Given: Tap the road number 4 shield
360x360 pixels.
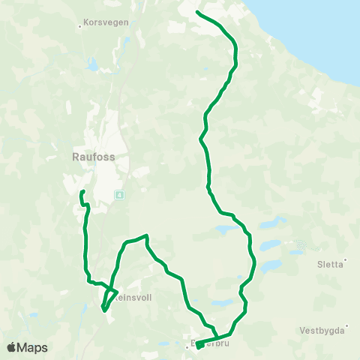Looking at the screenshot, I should tap(118, 195).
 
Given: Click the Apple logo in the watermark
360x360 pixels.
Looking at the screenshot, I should tap(12, 347).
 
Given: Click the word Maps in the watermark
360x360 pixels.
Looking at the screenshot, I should tap(33, 347).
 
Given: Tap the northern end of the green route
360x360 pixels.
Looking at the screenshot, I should tap(196, 12).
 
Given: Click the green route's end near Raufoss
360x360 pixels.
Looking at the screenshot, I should tap(79, 193).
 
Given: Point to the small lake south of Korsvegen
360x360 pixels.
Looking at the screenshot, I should tap(92, 66).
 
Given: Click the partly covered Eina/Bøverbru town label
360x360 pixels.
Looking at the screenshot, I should tap(204, 346).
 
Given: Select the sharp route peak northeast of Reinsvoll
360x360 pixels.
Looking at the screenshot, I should tap(146, 236).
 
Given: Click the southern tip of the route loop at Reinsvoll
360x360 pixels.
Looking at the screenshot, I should tap(103, 309).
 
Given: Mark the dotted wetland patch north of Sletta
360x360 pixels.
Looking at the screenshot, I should tap(301, 245).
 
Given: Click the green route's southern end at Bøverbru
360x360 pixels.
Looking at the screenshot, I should tap(197, 346).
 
